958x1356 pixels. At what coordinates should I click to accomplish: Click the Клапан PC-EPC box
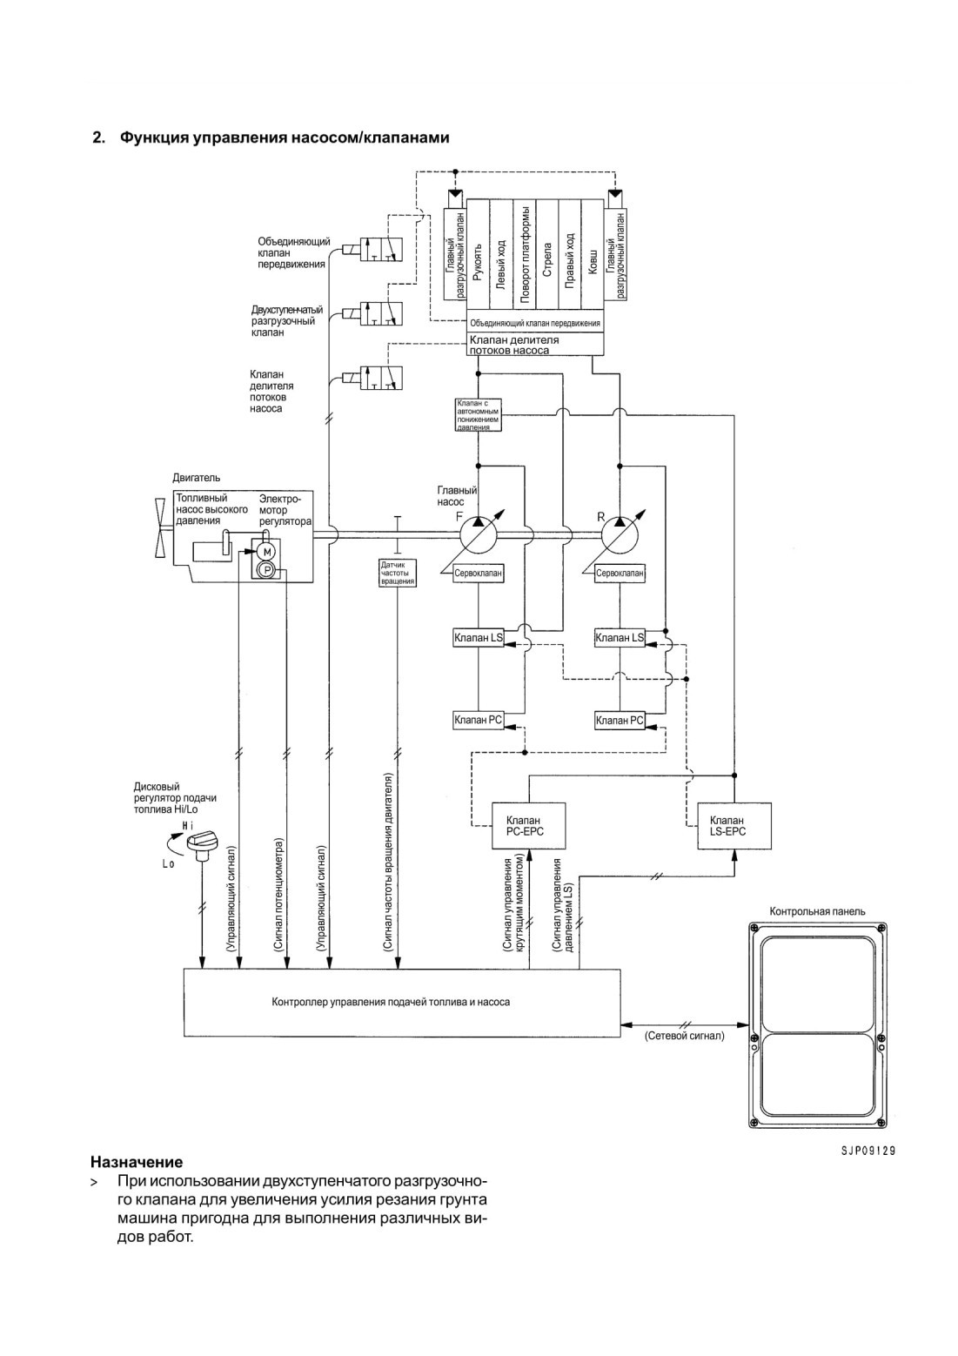tap(528, 826)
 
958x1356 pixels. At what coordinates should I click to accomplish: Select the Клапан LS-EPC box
tap(734, 826)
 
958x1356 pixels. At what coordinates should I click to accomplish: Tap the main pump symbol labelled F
tap(478, 534)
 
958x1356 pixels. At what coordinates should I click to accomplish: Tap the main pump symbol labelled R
tap(620, 534)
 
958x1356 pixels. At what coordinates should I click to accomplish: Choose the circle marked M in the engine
tap(266, 552)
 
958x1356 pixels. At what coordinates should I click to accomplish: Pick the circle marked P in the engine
tap(266, 569)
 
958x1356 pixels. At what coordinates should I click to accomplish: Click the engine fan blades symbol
tap(162, 528)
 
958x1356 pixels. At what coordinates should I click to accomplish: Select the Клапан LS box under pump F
tap(479, 637)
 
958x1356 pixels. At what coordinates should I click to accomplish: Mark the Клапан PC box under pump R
tap(620, 721)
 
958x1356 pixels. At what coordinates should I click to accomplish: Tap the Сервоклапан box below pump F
tap(479, 573)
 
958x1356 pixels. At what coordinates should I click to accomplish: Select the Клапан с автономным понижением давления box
tap(478, 414)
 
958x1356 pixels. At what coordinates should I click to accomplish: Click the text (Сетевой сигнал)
tap(685, 1036)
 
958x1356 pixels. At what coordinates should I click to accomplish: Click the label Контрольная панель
tap(817, 911)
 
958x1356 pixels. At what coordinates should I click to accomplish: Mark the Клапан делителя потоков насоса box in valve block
tap(536, 344)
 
